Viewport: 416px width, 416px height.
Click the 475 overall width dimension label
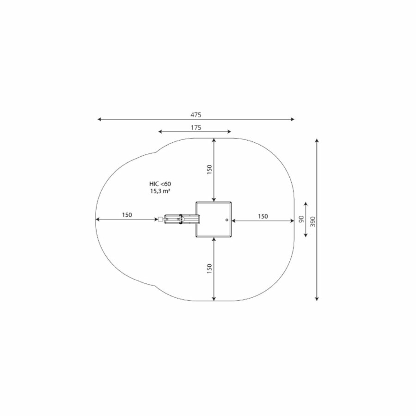click(x=196, y=115)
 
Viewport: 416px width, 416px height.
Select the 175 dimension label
click(x=196, y=128)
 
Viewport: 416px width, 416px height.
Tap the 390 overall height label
click(x=313, y=221)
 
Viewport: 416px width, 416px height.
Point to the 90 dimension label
click(x=301, y=219)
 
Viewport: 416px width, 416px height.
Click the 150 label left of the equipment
click(x=127, y=215)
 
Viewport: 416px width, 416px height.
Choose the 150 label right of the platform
click(x=263, y=216)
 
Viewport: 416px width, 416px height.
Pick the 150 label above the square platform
click(x=209, y=170)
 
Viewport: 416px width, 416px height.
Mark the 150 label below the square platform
click(x=209, y=269)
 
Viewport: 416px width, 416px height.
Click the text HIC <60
click(x=160, y=184)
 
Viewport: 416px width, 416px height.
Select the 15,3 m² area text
click(x=160, y=191)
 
